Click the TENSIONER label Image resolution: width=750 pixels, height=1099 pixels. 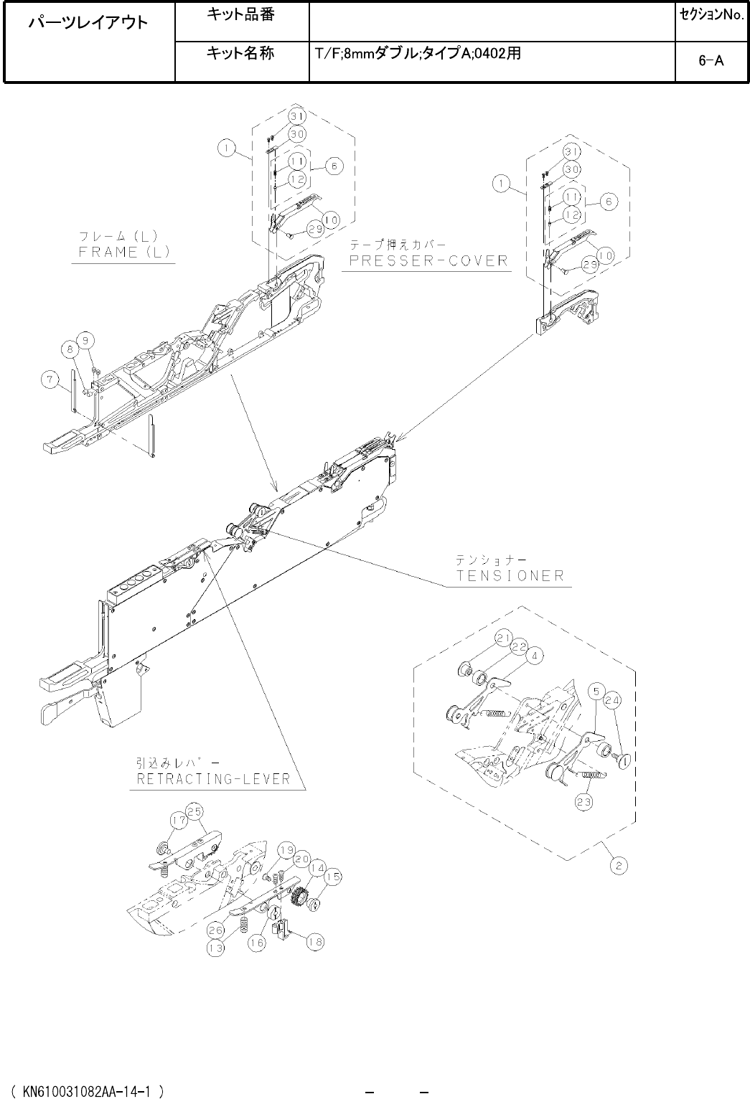tap(510, 575)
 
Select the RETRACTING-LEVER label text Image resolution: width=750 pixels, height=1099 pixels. tap(213, 779)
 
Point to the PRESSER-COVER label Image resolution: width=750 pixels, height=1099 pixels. tap(428, 260)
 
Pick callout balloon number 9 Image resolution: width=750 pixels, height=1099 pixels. tap(85, 339)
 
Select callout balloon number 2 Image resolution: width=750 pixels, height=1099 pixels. tap(618, 866)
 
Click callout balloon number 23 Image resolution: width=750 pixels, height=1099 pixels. tap(583, 803)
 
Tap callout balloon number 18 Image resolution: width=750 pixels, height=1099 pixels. tap(314, 942)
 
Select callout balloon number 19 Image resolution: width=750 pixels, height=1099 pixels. tap(286, 850)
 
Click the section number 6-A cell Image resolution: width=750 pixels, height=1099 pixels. tap(711, 61)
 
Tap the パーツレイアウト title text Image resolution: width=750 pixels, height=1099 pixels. tap(88, 24)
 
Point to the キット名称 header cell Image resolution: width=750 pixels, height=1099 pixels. tap(240, 54)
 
